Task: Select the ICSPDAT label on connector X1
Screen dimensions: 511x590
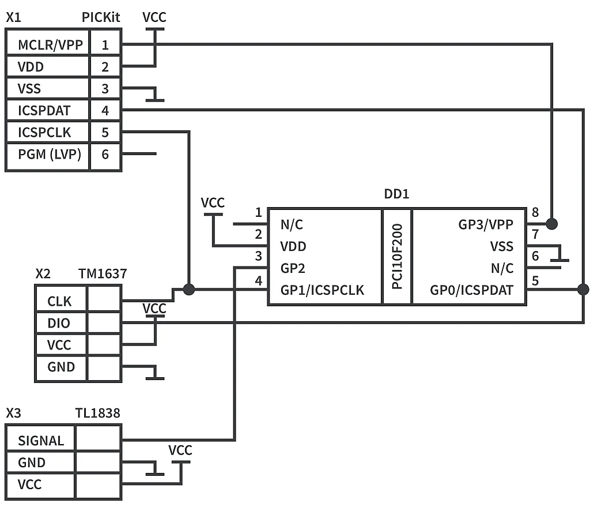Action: (x=44, y=111)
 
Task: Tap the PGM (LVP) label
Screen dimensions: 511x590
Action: (x=49, y=155)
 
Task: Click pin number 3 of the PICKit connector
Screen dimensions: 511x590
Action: (x=105, y=89)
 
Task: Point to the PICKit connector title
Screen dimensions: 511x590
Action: (x=101, y=17)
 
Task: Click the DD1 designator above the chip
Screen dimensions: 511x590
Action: (x=396, y=194)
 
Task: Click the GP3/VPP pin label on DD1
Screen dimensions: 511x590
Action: (x=486, y=224)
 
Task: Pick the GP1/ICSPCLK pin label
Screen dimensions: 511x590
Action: (x=322, y=290)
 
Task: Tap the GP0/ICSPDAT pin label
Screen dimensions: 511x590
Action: (x=471, y=290)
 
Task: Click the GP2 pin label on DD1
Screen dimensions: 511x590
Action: (x=293, y=268)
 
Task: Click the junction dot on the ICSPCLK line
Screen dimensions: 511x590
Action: (x=188, y=290)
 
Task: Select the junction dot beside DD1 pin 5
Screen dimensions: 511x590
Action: (x=583, y=290)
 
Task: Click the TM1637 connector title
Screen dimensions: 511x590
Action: (x=103, y=273)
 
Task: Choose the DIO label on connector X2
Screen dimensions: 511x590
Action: (x=59, y=323)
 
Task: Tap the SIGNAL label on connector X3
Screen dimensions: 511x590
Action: (x=41, y=441)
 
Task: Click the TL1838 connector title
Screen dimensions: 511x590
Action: (x=97, y=413)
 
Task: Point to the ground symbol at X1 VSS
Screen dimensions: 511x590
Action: (x=154, y=96)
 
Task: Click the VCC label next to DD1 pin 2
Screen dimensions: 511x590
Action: (x=213, y=203)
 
